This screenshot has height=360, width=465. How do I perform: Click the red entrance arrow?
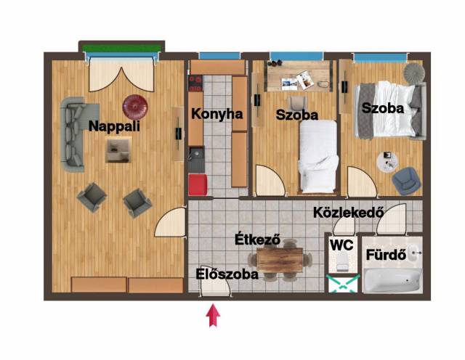(x=213, y=316)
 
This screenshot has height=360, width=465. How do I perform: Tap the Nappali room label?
(x=114, y=126)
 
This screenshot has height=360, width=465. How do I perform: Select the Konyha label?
(x=217, y=114)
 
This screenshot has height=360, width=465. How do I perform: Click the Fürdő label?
(x=386, y=255)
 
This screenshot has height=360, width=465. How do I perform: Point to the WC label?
(x=341, y=245)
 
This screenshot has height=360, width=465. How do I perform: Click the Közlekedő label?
(x=349, y=213)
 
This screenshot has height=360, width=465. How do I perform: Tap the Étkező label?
(x=257, y=240)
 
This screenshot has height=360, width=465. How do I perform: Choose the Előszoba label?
(x=227, y=274)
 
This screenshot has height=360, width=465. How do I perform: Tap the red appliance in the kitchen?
(x=198, y=184)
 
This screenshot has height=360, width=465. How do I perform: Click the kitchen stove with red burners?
(x=195, y=83)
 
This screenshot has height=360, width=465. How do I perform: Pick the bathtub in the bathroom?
(x=392, y=280)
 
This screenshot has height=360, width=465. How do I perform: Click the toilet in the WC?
(x=343, y=261)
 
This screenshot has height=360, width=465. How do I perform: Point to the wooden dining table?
(x=280, y=260)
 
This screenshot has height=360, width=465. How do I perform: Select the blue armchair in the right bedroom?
(x=406, y=181)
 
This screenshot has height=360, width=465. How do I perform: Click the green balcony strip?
(x=121, y=48)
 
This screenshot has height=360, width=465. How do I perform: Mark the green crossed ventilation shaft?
(x=343, y=283)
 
